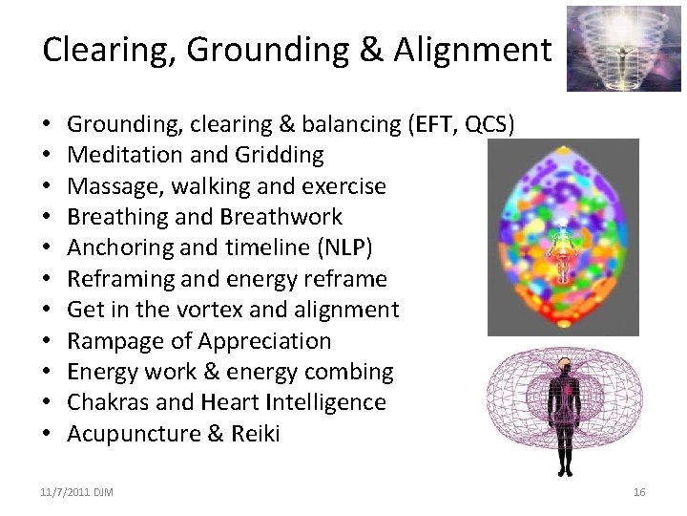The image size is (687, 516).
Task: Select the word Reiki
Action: (x=254, y=434)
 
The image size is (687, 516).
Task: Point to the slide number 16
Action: (x=639, y=491)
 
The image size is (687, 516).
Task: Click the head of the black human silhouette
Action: (x=563, y=365)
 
